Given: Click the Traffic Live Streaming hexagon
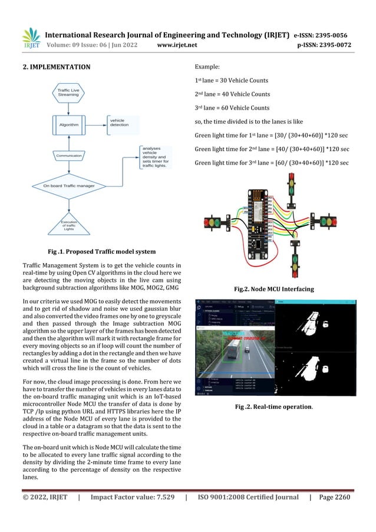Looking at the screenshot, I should tap(68, 91).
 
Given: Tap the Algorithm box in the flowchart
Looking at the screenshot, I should tap(68, 124).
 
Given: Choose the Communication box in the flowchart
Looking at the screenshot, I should tap(68, 156).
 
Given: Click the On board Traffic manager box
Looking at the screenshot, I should tap(69, 186).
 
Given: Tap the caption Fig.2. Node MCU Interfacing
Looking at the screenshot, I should tap(273, 289).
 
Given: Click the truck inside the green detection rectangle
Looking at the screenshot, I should tap(231, 353).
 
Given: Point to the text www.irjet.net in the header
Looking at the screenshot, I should tap(177, 44).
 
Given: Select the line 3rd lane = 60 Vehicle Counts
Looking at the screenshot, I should tap(232, 108).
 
